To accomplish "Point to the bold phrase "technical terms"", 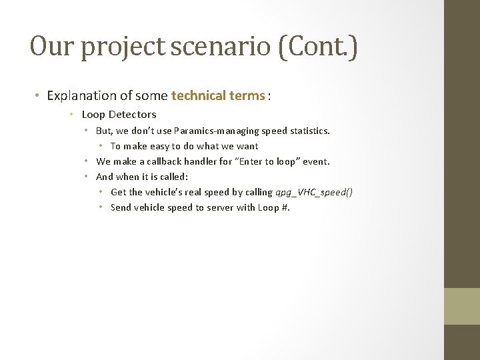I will pos(218,95).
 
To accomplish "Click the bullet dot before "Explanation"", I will pos(37,96).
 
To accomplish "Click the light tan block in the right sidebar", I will pos(462,306).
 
